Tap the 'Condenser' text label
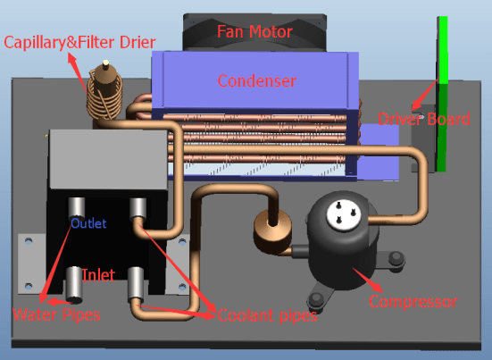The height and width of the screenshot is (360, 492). pyautogui.click(x=257, y=81)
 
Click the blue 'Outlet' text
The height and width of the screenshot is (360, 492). pyautogui.click(x=88, y=223)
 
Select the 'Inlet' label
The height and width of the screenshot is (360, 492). pyautogui.click(x=97, y=274)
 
